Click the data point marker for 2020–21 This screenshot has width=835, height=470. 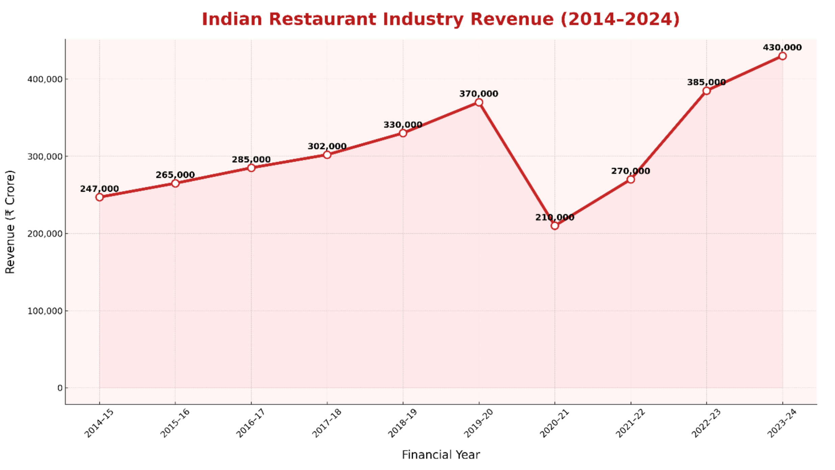(x=555, y=226)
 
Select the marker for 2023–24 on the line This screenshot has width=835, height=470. (x=782, y=56)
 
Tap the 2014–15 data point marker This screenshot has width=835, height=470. (x=99, y=197)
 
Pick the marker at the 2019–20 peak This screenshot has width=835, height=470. (x=479, y=102)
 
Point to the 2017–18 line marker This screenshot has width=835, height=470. (x=327, y=155)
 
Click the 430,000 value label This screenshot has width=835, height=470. (x=782, y=47)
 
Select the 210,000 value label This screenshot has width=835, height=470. (x=555, y=217)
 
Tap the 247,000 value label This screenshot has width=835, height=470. (x=99, y=188)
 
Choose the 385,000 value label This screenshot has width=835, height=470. (x=706, y=82)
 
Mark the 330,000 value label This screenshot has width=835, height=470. (x=403, y=125)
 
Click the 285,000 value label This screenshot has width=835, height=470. (x=251, y=159)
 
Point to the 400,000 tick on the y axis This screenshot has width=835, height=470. (x=45, y=79)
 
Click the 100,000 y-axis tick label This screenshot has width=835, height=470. (x=45, y=311)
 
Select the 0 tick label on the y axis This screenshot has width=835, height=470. (x=60, y=388)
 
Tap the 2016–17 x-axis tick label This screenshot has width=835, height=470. (x=250, y=423)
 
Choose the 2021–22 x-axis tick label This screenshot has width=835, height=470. (x=630, y=423)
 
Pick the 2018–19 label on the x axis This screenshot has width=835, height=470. (x=402, y=423)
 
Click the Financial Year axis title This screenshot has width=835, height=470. (x=441, y=455)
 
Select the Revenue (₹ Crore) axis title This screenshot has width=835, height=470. (x=10, y=222)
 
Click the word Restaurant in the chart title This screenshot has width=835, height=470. (x=322, y=19)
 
